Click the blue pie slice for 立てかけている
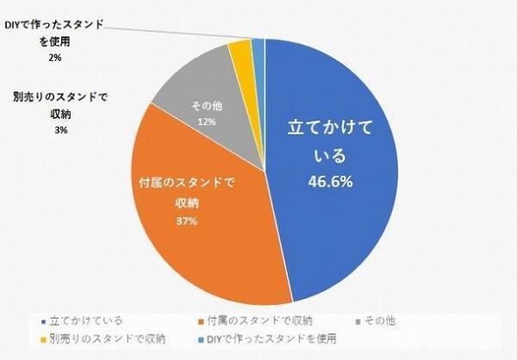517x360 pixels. coord(345,215)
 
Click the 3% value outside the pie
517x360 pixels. coord(60,130)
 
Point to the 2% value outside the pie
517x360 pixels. coord(56,59)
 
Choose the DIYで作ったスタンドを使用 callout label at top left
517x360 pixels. coord(59,34)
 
